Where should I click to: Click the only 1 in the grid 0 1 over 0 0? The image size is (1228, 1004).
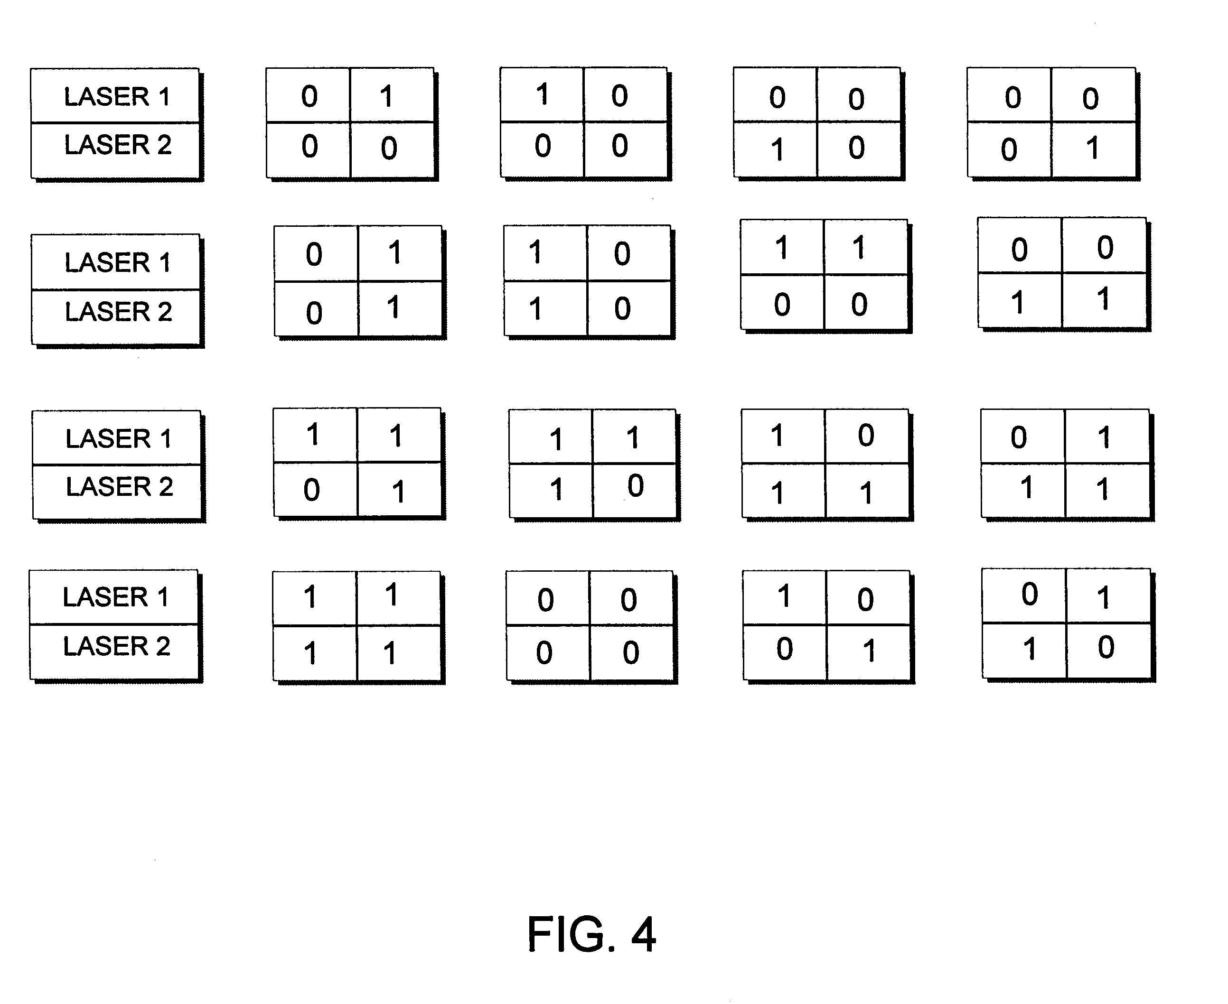(x=387, y=96)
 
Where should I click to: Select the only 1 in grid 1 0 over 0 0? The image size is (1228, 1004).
(x=542, y=94)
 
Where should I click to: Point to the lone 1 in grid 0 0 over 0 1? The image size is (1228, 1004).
(x=1092, y=148)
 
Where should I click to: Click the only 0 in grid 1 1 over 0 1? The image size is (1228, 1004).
(x=312, y=490)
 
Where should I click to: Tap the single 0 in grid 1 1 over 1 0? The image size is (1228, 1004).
(x=636, y=485)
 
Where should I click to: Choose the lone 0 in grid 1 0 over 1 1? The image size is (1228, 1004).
(x=866, y=435)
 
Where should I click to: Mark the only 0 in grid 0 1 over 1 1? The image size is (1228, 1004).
(x=1019, y=437)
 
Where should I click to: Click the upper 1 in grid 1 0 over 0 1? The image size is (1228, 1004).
(x=784, y=596)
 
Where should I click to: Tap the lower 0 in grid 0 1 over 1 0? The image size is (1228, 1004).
(x=1106, y=647)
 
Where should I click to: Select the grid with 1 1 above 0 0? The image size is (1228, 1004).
(x=824, y=275)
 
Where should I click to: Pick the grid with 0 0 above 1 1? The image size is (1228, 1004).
(x=1062, y=273)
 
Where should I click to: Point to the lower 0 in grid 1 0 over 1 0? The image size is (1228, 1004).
(x=622, y=308)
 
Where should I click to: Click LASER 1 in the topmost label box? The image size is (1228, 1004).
(x=117, y=97)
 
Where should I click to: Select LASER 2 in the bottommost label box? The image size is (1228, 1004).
(x=116, y=646)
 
